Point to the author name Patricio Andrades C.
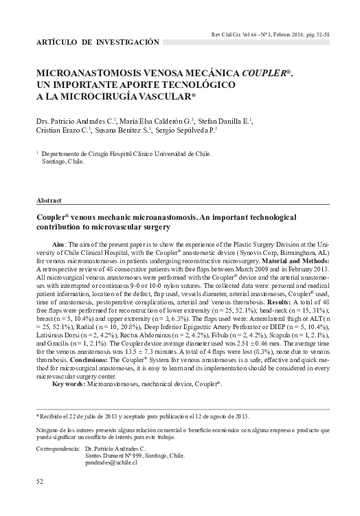click(87, 122)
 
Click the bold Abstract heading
click(49, 201)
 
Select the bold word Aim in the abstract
click(60, 245)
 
